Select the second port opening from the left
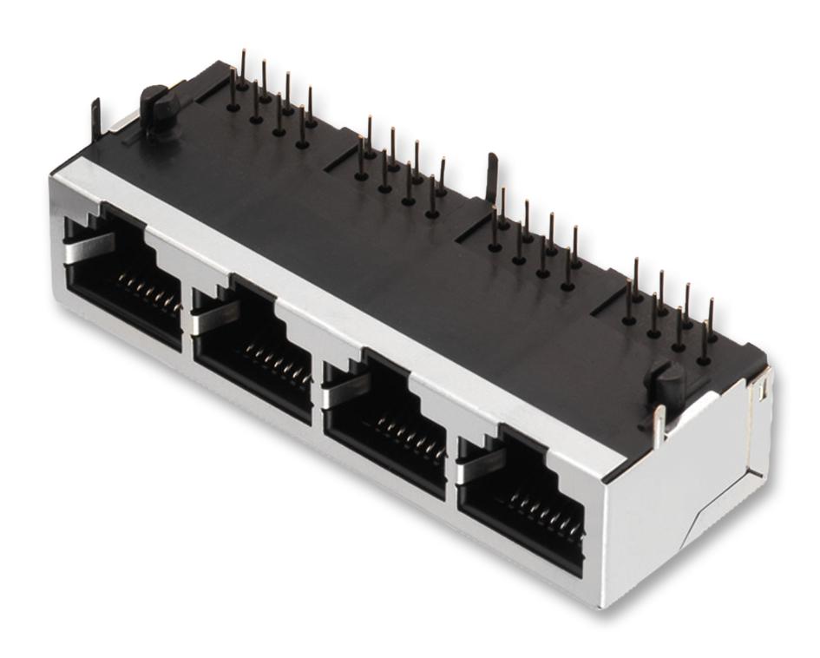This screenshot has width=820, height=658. (x=253, y=352)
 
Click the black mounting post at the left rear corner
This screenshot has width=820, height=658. (x=156, y=109)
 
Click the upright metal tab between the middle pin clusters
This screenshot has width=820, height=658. (x=492, y=174)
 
